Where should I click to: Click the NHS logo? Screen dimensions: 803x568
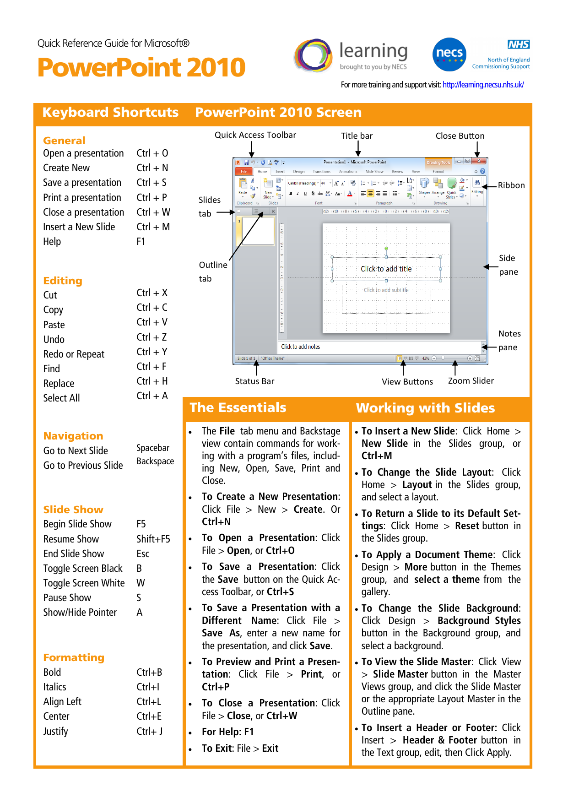pos(519,44)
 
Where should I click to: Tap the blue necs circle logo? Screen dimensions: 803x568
pos(449,54)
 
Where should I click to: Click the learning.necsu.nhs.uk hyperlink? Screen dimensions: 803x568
pos(483,85)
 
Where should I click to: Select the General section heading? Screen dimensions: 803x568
pos(64,141)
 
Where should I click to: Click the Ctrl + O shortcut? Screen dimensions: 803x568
pos(152,153)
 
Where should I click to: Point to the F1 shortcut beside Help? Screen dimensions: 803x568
pos(141,241)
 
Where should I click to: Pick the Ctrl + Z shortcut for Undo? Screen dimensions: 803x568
pos(151,337)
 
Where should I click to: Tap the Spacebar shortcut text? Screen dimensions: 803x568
pos(153,448)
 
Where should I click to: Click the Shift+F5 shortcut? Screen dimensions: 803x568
pos(153,539)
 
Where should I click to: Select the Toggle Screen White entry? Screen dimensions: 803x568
pos(84,583)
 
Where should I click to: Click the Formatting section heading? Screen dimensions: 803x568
pos(74,657)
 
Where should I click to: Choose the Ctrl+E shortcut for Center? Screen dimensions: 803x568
pos(149,716)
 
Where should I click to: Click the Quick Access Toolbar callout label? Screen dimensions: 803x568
pos(255,135)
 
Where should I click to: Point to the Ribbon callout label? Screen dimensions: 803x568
pos(511,185)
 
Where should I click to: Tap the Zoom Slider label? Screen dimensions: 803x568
pos(471,381)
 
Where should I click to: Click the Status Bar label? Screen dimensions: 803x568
pos(254,381)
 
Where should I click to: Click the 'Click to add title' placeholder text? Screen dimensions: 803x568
pos(386,269)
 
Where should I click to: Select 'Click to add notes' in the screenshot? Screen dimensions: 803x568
pos(300,347)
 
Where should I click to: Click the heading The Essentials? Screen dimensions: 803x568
pos(238,407)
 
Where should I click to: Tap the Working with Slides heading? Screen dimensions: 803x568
pos(425,408)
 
